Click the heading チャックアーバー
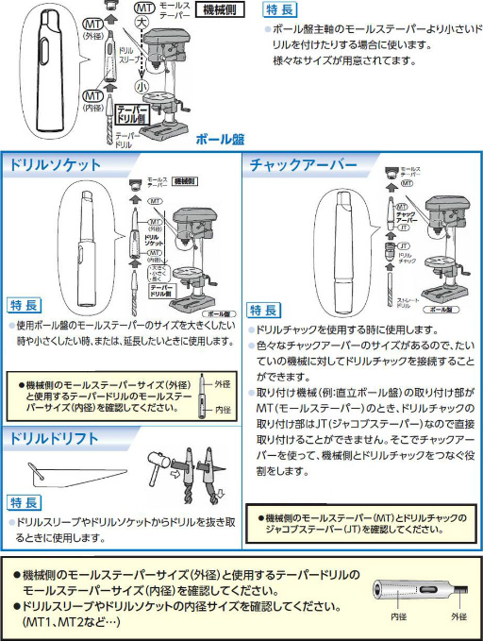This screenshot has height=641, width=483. (x=303, y=164)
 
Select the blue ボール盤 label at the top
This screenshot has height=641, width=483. (x=220, y=139)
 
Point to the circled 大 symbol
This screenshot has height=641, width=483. (x=141, y=20)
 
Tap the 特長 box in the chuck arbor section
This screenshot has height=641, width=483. (x=264, y=311)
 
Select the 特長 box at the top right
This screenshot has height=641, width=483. (x=280, y=10)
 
